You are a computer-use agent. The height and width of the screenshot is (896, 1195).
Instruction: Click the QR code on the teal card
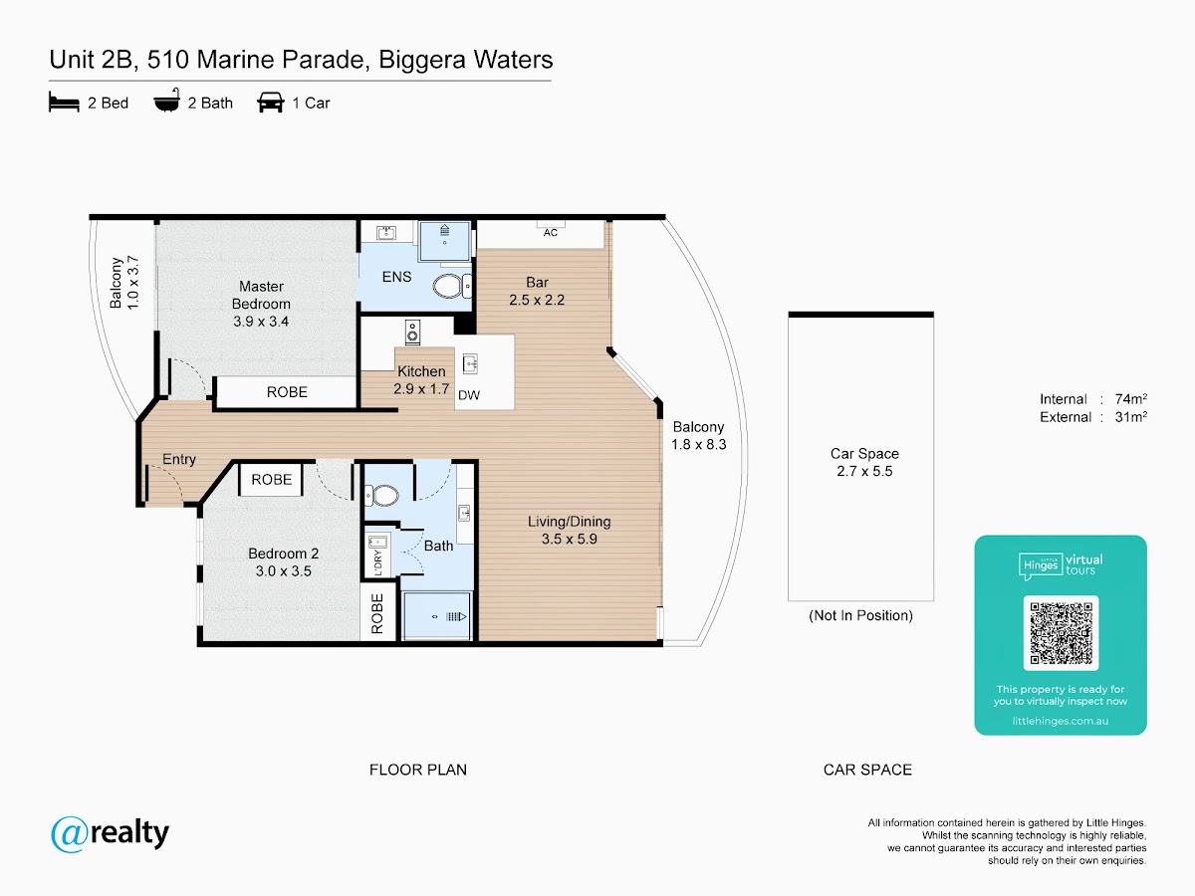click(x=1061, y=633)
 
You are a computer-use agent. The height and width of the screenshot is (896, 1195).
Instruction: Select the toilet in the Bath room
click(x=381, y=495)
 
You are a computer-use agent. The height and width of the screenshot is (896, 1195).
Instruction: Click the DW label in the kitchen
click(x=469, y=395)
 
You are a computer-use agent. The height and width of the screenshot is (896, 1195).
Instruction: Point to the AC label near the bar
click(x=551, y=233)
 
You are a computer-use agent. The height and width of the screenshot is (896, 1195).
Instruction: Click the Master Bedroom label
click(x=261, y=304)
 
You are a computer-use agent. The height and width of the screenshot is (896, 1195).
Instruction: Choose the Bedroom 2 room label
click(x=283, y=562)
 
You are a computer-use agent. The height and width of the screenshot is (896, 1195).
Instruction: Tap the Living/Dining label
click(x=570, y=531)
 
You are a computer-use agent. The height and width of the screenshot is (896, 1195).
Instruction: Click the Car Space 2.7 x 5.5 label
click(x=864, y=463)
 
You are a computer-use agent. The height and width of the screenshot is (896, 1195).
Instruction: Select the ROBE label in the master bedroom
click(x=287, y=392)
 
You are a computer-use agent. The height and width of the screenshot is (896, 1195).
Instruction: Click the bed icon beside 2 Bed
click(x=64, y=103)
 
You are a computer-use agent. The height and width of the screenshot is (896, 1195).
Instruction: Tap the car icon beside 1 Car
click(x=270, y=103)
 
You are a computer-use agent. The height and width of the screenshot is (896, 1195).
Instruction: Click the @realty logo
click(x=111, y=833)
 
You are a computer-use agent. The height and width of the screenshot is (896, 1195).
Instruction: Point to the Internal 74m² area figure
click(x=1093, y=399)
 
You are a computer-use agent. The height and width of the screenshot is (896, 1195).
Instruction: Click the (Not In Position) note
click(x=860, y=615)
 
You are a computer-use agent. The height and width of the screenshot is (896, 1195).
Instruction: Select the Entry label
click(x=179, y=459)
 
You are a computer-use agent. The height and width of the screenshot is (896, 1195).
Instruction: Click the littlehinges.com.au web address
click(x=1061, y=721)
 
